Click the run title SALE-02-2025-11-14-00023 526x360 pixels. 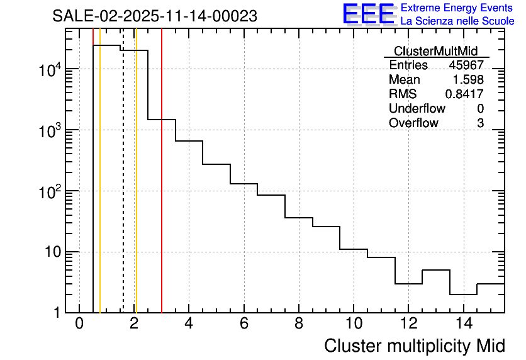(x=155, y=16)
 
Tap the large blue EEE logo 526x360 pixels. (x=368, y=14)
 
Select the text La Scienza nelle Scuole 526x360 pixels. (x=457, y=21)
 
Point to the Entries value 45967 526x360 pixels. (x=466, y=65)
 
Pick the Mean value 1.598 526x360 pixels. (x=468, y=80)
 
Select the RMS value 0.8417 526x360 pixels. (x=464, y=94)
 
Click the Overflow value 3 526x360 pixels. (x=480, y=123)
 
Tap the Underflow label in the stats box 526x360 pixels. (x=413, y=109)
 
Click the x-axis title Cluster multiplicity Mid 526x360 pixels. (x=414, y=346)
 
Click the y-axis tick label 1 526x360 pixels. (x=57, y=313)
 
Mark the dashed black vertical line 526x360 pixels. (x=123, y=189)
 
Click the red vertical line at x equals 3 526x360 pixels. (x=162, y=189)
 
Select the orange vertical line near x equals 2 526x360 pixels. (x=136, y=189)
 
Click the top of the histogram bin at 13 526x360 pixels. (x=436, y=270)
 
